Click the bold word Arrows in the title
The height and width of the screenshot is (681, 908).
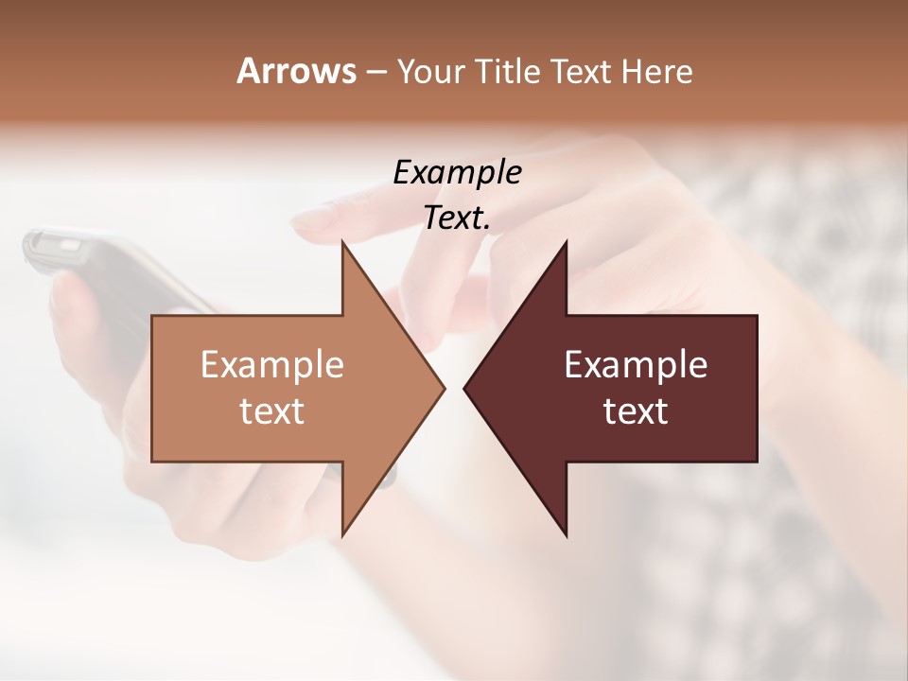pyautogui.click(x=296, y=71)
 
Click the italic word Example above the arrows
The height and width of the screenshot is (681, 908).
pyautogui.click(x=457, y=173)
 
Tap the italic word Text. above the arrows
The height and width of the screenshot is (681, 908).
pyautogui.click(x=457, y=218)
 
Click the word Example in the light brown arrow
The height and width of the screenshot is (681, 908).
pyautogui.click(x=272, y=365)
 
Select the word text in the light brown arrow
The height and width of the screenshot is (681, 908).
pyautogui.click(x=272, y=410)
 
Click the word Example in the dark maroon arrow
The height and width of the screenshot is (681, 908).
pyautogui.click(x=636, y=365)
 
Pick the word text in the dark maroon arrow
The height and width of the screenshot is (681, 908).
pyautogui.click(x=636, y=410)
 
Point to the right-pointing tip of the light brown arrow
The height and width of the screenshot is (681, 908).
pyautogui.click(x=444, y=388)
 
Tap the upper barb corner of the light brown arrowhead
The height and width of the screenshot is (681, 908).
pyautogui.click(x=343, y=243)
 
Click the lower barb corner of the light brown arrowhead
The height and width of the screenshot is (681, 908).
pyautogui.click(x=343, y=534)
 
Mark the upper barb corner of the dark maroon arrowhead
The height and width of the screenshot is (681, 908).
pyautogui.click(x=566, y=243)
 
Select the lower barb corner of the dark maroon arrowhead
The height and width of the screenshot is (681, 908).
pyautogui.click(x=566, y=534)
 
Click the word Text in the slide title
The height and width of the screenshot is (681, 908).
pyautogui.click(x=583, y=72)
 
